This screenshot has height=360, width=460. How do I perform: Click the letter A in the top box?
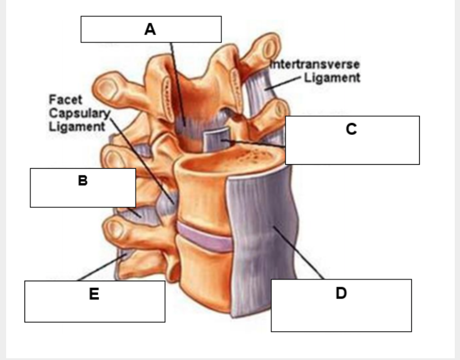coord(150,29)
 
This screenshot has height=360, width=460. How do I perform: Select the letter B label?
coord(82,180)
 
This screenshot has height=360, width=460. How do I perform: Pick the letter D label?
coord(341,293)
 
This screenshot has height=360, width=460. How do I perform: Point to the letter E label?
coord(94,294)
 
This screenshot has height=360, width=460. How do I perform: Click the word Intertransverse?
coord(315,64)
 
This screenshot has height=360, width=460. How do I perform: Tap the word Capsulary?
coord(78,113)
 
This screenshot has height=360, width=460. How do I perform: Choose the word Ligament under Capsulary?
coord(77,127)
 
